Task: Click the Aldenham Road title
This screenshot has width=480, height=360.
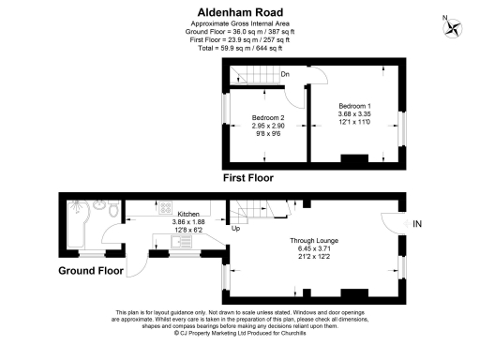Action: pyautogui.click(x=240, y=12)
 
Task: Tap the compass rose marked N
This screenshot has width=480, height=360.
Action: pyautogui.click(x=455, y=27)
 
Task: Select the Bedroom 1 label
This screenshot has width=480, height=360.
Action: pyautogui.click(x=355, y=106)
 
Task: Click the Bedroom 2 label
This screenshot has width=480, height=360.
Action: pyautogui.click(x=269, y=117)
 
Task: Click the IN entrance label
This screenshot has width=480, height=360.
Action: pyautogui.click(x=417, y=223)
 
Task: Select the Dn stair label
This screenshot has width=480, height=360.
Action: pyautogui.click(x=284, y=74)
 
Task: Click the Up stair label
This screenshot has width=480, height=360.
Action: pyautogui.click(x=236, y=228)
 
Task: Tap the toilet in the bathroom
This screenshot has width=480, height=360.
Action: pyautogui.click(x=114, y=213)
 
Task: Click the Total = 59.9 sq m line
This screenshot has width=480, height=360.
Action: pyautogui.click(x=240, y=47)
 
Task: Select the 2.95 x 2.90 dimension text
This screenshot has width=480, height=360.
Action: pyautogui.click(x=269, y=125)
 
